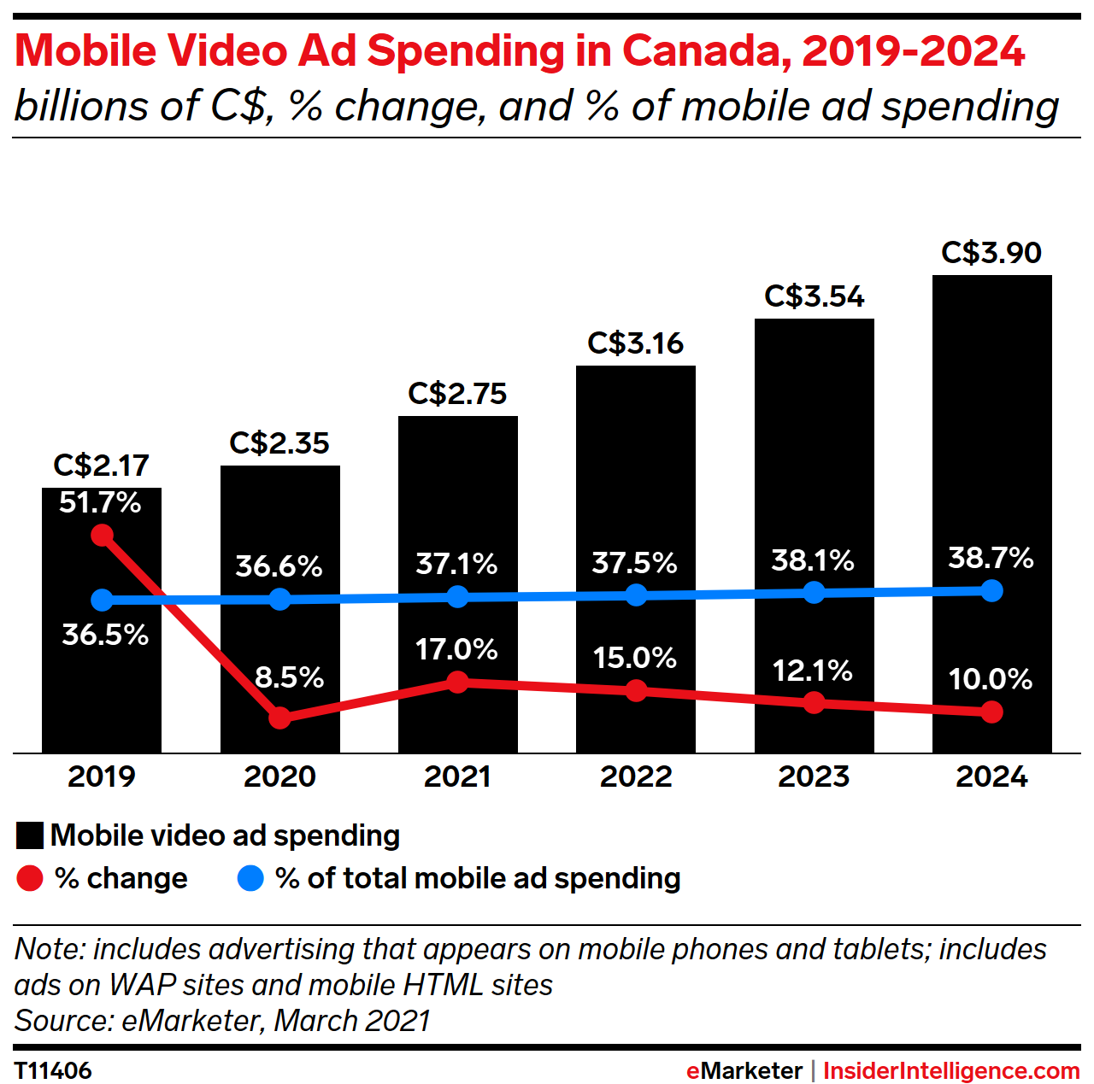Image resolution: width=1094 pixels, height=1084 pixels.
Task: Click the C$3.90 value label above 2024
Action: point(991,253)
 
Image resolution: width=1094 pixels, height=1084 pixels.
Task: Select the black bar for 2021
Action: point(457,513)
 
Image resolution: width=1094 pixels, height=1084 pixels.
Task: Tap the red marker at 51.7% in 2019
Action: point(102,536)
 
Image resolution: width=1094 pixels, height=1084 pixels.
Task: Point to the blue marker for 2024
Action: point(991,590)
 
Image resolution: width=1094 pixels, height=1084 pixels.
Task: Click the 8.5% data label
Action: point(289,677)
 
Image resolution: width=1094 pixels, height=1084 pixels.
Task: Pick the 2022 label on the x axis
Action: point(635,776)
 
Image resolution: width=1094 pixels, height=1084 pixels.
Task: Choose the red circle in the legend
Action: point(29,878)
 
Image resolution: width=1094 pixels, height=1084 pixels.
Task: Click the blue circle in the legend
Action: point(250,878)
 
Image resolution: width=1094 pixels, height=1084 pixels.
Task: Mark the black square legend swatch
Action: point(29,835)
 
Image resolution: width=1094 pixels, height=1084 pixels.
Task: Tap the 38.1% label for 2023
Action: point(812,560)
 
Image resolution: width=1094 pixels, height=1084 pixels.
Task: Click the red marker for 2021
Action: point(457,683)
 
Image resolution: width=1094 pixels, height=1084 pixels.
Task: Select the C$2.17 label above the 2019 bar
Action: point(101,466)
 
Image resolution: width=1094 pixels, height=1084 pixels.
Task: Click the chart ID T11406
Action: point(53,1070)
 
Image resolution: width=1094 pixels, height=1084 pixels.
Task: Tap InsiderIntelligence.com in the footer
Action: point(951,1070)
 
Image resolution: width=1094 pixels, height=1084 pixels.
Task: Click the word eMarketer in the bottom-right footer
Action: point(744,1070)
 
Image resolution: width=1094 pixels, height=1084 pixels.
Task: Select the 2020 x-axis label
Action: point(279,776)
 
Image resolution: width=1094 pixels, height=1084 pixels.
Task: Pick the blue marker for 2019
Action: point(102,600)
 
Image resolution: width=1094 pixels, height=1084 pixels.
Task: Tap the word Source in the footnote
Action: point(63,1021)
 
